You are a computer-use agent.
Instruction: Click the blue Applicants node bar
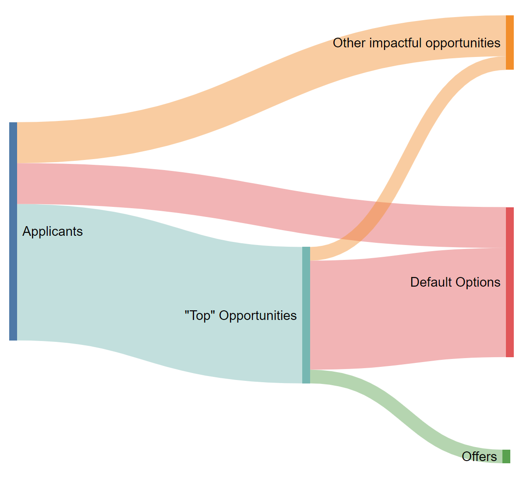13,231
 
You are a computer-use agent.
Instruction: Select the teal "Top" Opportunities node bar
306,315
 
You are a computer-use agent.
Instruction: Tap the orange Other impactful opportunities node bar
509,42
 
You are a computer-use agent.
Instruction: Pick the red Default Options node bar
509,282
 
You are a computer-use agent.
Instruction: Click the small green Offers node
506,456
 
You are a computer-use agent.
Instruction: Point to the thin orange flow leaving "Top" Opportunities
421,131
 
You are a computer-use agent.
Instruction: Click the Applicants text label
53,231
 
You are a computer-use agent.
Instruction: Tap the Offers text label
479,457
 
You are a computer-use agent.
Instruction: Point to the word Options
477,282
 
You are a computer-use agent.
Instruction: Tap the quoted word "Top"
200,316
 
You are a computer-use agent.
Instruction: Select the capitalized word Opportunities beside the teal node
258,316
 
